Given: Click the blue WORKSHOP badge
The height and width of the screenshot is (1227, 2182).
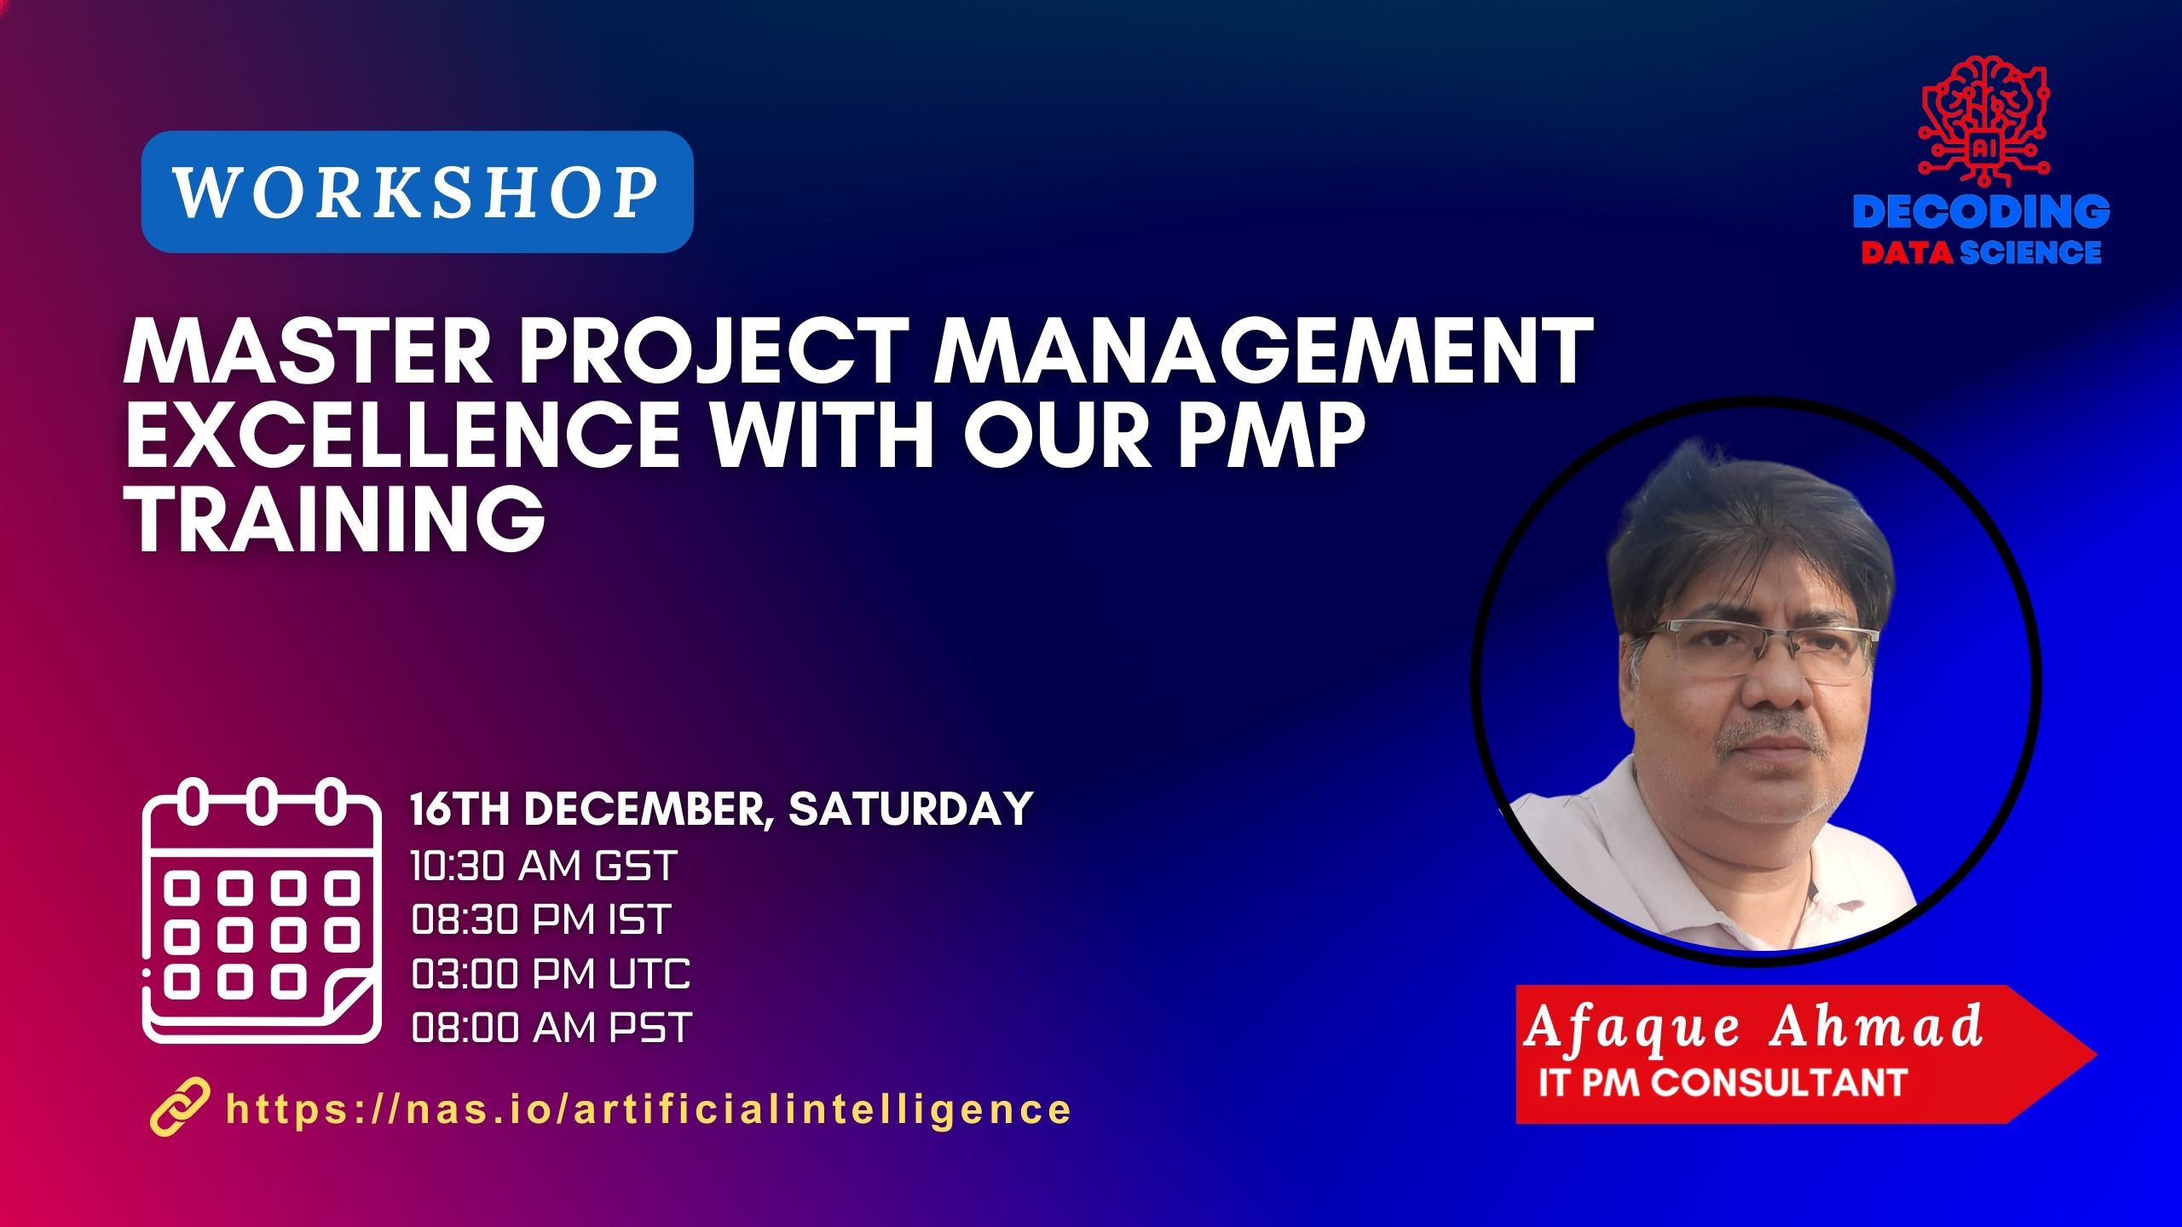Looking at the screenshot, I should pyautogui.click(x=417, y=192).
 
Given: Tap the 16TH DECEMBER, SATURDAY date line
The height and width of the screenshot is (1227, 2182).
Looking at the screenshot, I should pyautogui.click(x=721, y=809).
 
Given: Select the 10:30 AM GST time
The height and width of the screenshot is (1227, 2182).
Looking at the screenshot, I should pyautogui.click(x=544, y=866).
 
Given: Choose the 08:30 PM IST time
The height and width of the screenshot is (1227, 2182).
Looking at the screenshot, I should pyautogui.click(x=541, y=919).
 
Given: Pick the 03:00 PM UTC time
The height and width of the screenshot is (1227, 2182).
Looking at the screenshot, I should pyautogui.click(x=551, y=973).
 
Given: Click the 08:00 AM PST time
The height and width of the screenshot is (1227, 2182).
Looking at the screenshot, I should pyautogui.click(x=551, y=1028).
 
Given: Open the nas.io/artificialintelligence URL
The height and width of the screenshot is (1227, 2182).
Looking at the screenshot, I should pyautogui.click(x=648, y=1109).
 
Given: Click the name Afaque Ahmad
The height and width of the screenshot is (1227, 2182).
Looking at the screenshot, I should pyautogui.click(x=1752, y=1028).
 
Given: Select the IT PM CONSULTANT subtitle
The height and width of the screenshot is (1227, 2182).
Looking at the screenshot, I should pyautogui.click(x=1722, y=1082).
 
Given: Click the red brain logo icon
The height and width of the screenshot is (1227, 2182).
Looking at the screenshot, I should pyautogui.click(x=1982, y=120).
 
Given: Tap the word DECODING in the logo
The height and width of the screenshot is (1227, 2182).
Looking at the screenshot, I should pyautogui.click(x=1981, y=212).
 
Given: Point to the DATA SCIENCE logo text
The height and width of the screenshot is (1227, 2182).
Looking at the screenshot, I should pyautogui.click(x=1981, y=253).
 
